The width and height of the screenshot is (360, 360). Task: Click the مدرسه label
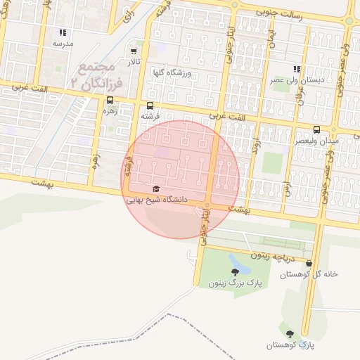(x=63, y=44)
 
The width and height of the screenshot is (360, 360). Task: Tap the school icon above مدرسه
(x=63, y=32)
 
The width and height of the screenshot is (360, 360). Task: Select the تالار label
(x=134, y=63)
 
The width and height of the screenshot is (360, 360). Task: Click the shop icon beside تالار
(x=134, y=52)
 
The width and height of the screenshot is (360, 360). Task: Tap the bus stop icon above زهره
(x=109, y=100)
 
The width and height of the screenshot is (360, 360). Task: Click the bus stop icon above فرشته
(x=150, y=104)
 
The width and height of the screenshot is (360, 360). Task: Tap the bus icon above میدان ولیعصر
(x=317, y=130)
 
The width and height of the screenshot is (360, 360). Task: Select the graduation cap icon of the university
(x=155, y=189)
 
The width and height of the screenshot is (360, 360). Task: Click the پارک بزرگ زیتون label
(x=234, y=283)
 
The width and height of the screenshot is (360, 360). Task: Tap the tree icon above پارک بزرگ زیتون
(x=234, y=271)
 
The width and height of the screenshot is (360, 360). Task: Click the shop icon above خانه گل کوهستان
(x=309, y=263)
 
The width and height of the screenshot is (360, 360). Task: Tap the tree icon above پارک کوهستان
(x=289, y=333)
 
